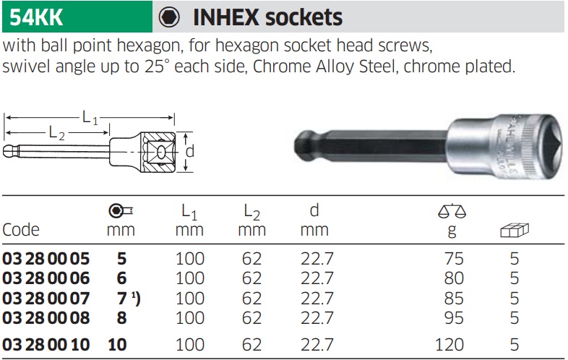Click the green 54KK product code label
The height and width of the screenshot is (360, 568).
point(36,17)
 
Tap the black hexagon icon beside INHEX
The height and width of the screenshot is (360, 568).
point(169,17)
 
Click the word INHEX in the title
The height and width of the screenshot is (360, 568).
point(226,17)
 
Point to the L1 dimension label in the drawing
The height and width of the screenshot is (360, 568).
point(90,117)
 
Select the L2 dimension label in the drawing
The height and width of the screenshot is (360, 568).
point(56,133)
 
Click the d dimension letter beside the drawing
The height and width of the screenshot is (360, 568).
point(190,151)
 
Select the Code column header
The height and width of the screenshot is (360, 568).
point(21,229)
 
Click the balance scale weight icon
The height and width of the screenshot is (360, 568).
point(452,210)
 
